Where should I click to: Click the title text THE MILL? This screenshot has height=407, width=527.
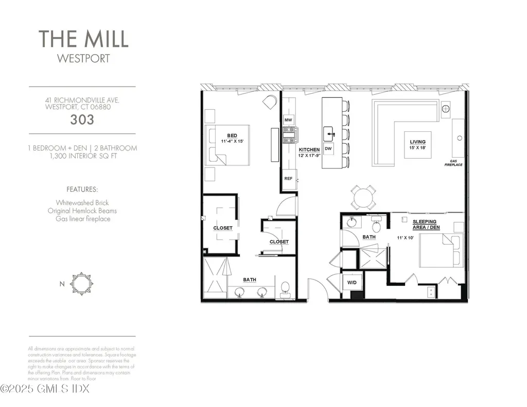pyautogui.click(x=83, y=39)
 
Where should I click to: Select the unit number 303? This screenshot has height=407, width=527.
pyautogui.click(x=82, y=120)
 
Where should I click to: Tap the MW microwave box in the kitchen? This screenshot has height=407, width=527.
pyautogui.click(x=289, y=120)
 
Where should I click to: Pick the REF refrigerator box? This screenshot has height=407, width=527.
pyautogui.click(x=289, y=178)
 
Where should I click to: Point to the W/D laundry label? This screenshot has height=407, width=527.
pyautogui.click(x=352, y=283)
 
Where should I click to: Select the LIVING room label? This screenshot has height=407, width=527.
pyautogui.click(x=417, y=142)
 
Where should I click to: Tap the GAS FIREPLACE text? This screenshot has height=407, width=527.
pyautogui.click(x=454, y=163)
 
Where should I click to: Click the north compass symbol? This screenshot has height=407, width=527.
pyautogui.click(x=81, y=283)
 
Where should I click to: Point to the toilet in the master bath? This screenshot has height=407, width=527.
pyautogui.click(x=285, y=290)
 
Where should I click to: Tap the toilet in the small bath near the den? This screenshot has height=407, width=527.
pyautogui.click(x=376, y=225)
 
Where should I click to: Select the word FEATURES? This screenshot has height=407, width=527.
pyautogui.click(x=82, y=189)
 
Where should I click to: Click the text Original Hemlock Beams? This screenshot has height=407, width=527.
pyautogui.click(x=82, y=211)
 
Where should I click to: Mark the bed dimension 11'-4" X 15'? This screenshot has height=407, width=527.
pyautogui.click(x=232, y=141)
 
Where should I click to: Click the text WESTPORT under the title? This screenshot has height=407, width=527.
pyautogui.click(x=83, y=58)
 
